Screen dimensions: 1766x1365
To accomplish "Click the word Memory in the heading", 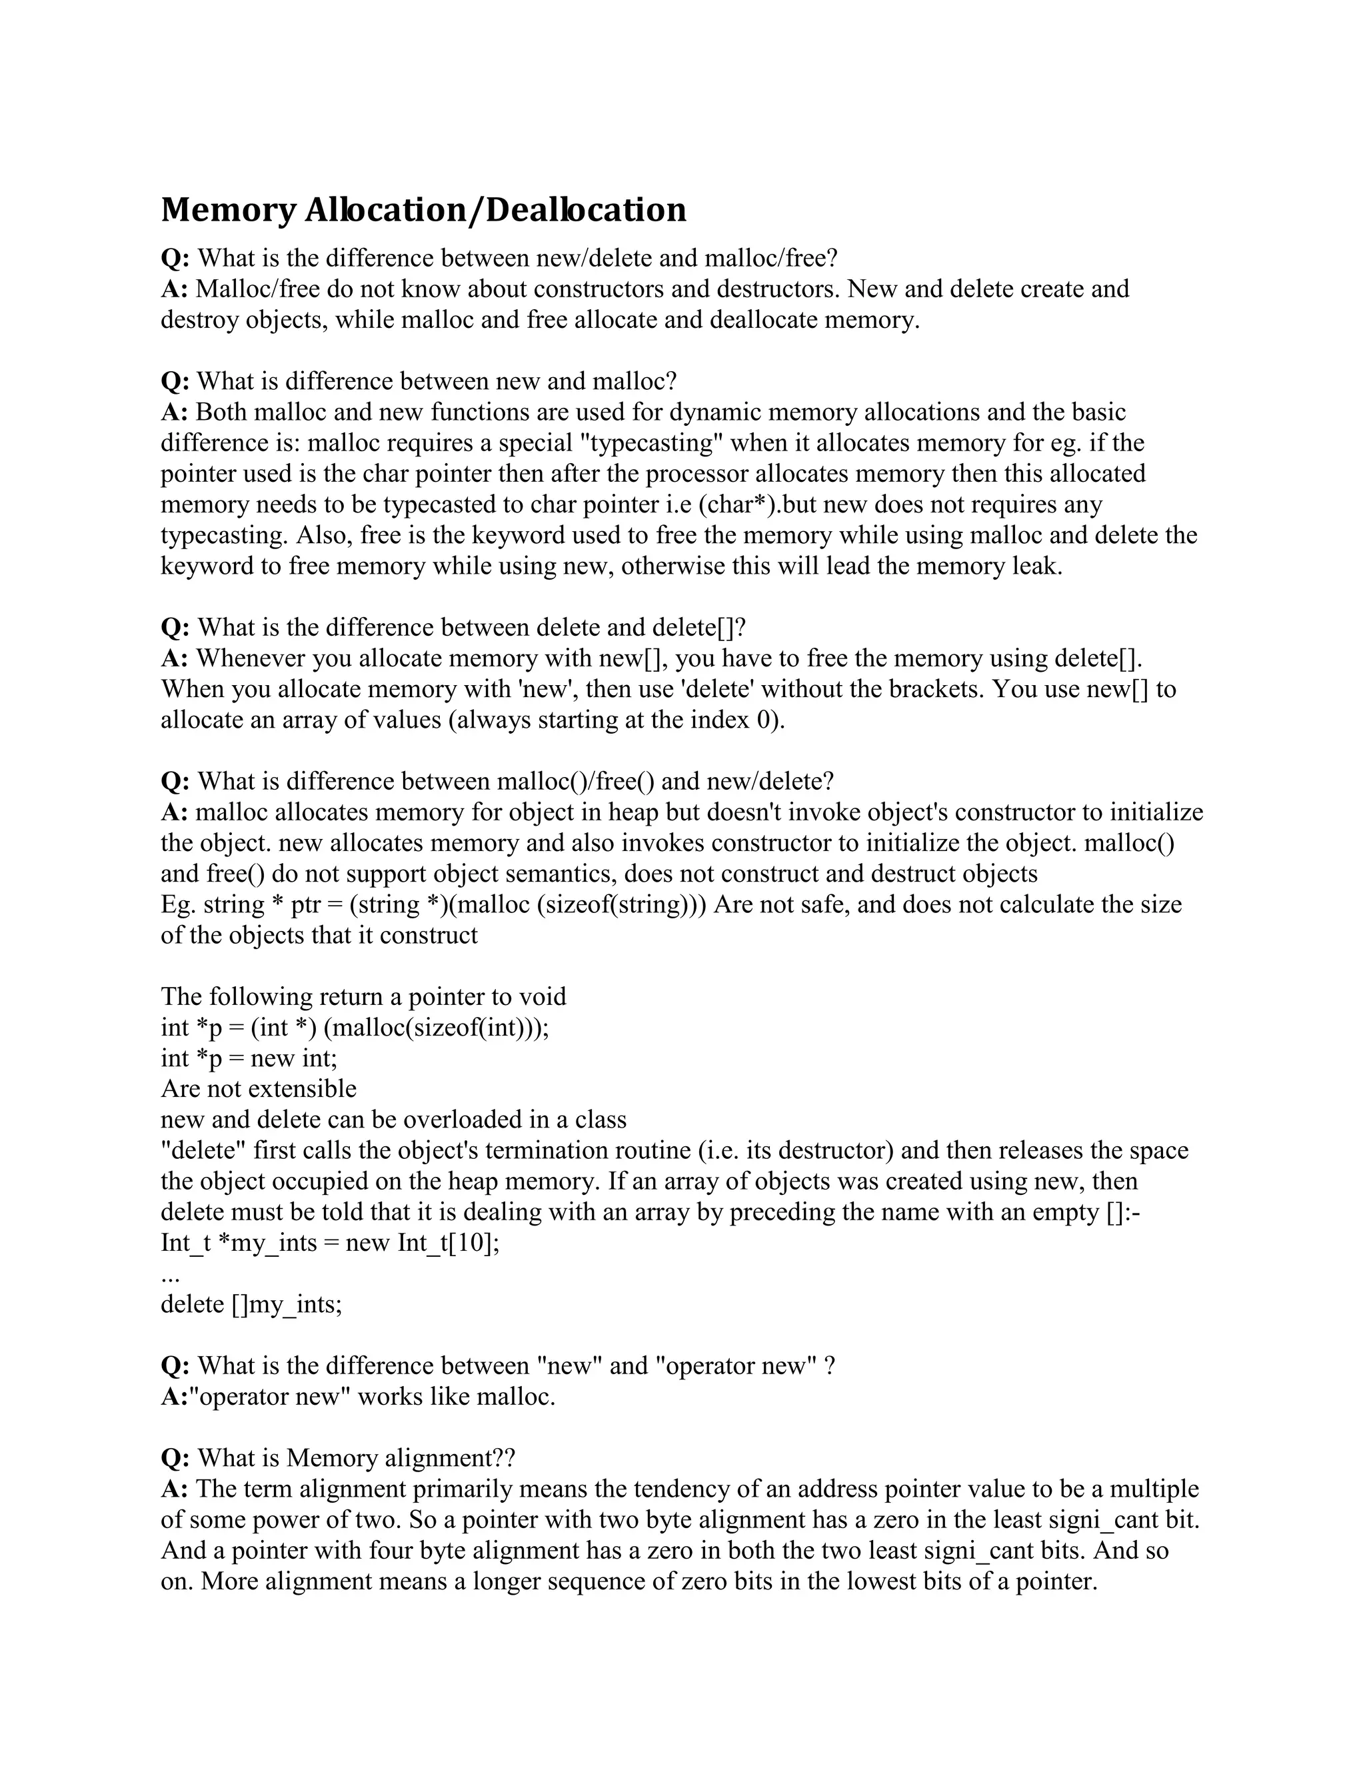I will [x=228, y=210].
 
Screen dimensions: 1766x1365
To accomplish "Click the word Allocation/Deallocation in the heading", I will [x=495, y=210].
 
